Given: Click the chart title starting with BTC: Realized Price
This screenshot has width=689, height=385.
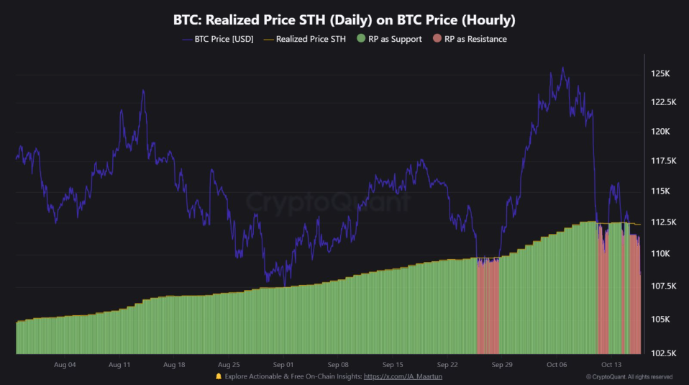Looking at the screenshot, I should (x=344, y=19).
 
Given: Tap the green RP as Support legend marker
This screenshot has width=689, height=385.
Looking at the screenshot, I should (x=361, y=39).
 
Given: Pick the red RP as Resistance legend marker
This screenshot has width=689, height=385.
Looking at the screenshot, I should (x=437, y=39).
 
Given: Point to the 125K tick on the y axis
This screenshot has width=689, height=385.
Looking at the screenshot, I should (x=660, y=73).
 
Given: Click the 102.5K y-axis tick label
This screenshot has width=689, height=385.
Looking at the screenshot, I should (x=659, y=353).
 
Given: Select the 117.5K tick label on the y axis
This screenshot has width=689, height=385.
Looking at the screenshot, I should (x=659, y=160).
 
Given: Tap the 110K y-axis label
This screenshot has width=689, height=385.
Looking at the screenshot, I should (x=660, y=254).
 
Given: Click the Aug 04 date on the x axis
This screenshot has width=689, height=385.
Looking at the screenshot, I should (x=65, y=365).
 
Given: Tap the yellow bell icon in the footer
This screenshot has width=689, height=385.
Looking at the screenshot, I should (x=219, y=376).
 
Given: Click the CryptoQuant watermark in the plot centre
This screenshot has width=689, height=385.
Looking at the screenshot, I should (x=327, y=202).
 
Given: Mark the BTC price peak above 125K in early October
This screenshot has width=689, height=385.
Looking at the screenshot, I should (x=562, y=68).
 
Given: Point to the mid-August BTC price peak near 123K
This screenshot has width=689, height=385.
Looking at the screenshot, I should (x=143, y=91).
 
